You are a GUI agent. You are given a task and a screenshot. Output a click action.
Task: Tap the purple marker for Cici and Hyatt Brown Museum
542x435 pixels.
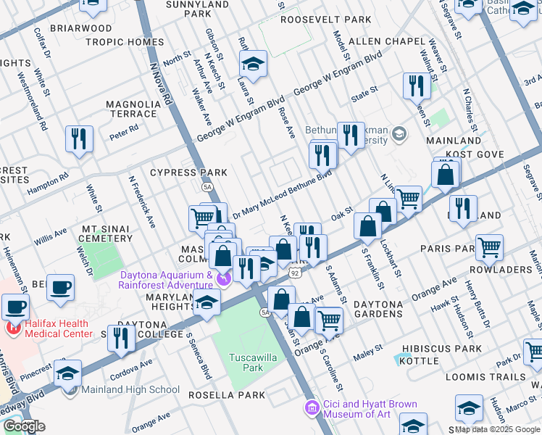pos(312,408)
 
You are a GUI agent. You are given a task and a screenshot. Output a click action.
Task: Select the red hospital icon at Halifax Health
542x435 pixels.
pos(12,328)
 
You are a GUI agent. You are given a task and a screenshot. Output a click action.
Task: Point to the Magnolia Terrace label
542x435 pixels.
pos(133,109)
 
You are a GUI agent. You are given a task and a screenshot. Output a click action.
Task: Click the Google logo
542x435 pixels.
pos(23,426)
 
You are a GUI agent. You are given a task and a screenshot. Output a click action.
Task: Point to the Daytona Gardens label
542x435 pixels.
pos(378,309)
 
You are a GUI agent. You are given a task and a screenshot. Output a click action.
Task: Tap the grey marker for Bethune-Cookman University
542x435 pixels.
pos(400,134)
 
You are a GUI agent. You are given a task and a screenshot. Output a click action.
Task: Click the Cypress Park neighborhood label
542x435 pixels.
pos(188,173)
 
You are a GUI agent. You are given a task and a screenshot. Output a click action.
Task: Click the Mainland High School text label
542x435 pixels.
pos(130,390)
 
